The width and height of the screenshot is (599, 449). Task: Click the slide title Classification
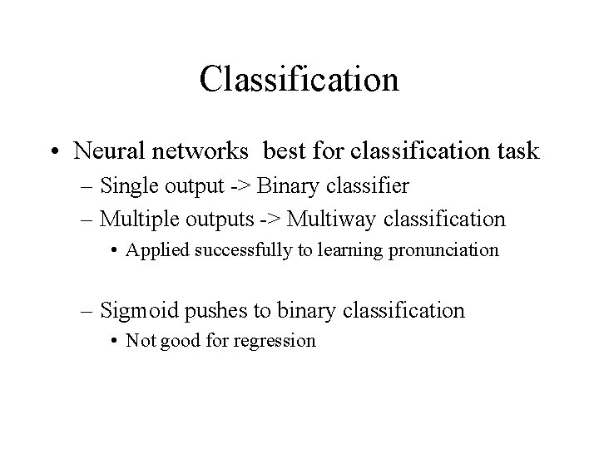coord(299,79)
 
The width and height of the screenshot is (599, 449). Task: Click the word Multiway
coord(325,220)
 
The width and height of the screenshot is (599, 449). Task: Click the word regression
coord(275,341)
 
